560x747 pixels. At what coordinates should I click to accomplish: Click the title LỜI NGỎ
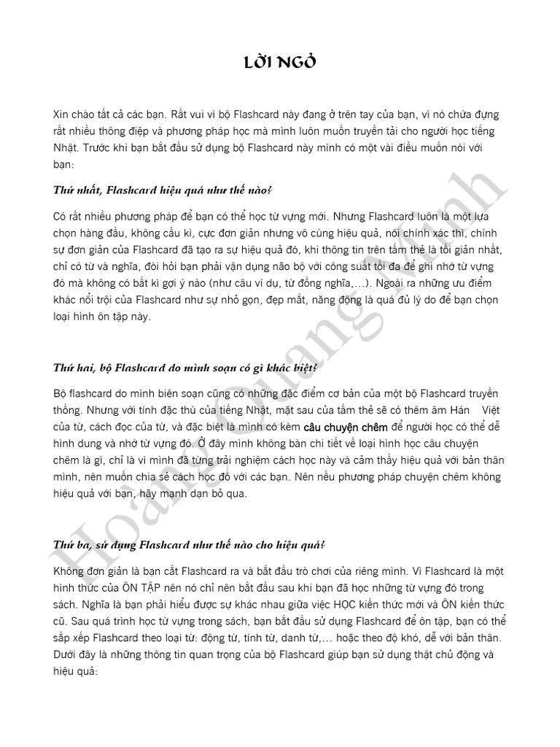click(280, 63)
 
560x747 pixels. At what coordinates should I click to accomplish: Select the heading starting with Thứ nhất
click(163, 190)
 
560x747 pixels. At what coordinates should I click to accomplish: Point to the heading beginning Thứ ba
click(190, 545)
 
